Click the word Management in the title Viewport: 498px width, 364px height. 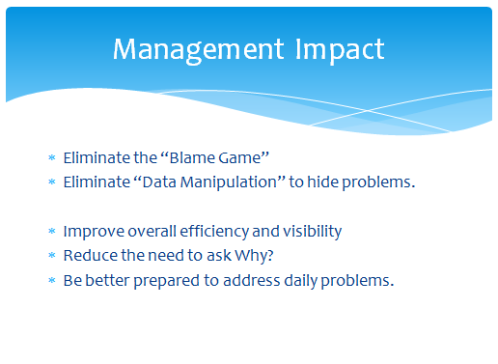(x=198, y=50)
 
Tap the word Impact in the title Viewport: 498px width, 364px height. (x=340, y=50)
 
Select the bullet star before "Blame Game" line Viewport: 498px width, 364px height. (x=52, y=157)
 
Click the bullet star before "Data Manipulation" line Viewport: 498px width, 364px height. (x=52, y=182)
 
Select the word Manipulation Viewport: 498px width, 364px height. (x=229, y=182)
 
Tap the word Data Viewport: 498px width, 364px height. (x=159, y=182)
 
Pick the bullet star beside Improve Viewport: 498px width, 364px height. (x=52, y=231)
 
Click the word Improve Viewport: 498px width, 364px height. (x=94, y=232)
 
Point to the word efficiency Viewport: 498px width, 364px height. (x=214, y=232)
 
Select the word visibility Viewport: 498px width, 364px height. (x=312, y=232)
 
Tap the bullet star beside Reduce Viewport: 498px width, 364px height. (x=52, y=255)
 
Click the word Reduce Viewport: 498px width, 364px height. (x=91, y=256)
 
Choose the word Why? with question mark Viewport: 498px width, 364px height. (x=254, y=256)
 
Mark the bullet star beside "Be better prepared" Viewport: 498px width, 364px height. (x=52, y=280)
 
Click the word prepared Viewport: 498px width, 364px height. (x=167, y=281)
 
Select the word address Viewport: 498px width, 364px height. (x=252, y=280)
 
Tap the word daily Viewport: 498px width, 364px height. (x=301, y=281)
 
